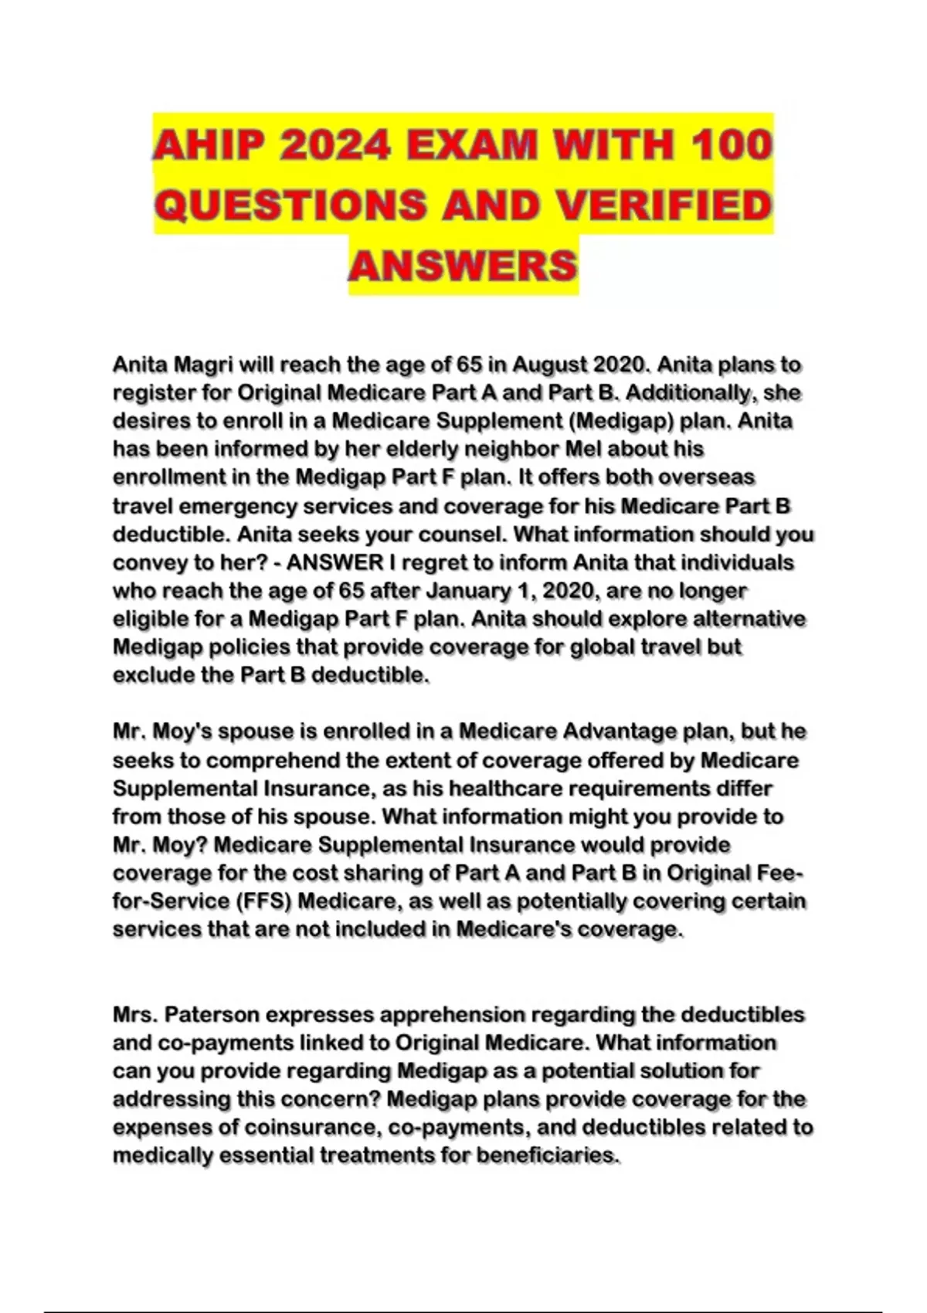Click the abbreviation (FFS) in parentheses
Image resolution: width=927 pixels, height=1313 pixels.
263,901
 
